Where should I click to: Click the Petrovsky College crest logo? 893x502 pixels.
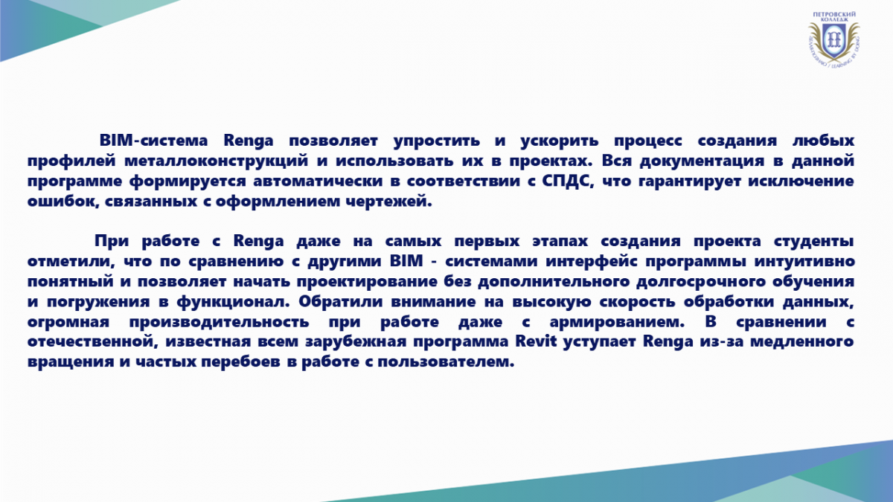point(833,39)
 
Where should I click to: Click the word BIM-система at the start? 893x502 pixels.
point(153,141)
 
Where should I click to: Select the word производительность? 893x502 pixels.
point(219,322)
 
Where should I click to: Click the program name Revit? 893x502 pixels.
point(536,342)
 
